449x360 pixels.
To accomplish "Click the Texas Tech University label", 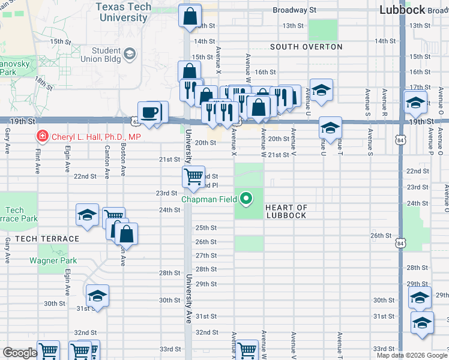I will (x=122, y=12).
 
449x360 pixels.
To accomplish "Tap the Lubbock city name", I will (x=411, y=10).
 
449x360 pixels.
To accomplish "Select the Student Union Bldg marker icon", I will (x=129, y=55).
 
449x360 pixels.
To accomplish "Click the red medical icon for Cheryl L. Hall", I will (x=42, y=137).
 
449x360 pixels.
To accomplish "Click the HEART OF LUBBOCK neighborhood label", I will (x=286, y=212).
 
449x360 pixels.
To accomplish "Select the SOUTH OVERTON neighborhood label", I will (x=306, y=47).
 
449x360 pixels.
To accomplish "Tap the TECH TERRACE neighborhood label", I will (x=47, y=239).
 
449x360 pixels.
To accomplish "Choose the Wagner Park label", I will (x=53, y=261).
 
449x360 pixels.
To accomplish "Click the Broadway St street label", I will (x=294, y=10).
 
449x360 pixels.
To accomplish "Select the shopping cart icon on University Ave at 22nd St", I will (x=193, y=176).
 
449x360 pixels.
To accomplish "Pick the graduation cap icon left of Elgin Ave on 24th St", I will (x=87, y=215).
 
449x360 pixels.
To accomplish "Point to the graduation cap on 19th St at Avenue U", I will (x=330, y=127).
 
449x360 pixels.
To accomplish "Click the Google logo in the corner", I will (x=20, y=353).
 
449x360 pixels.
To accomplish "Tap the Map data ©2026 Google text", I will (x=412, y=355).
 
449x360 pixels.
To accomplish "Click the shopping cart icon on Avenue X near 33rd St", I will (x=246, y=350).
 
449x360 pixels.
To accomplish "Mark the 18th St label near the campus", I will (x=43, y=81).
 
